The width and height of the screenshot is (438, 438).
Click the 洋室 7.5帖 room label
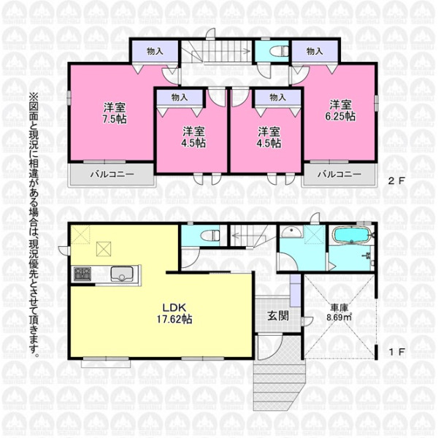click(x=115, y=113)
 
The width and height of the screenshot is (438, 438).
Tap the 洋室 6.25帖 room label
click(x=340, y=110)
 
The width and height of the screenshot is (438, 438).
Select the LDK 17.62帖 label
click(x=174, y=313)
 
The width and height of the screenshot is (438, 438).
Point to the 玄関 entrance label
click(x=278, y=315)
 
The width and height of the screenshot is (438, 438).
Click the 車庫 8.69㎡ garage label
click(x=339, y=312)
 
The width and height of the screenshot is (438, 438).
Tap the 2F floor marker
click(x=396, y=181)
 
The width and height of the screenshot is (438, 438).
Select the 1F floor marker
click(x=397, y=352)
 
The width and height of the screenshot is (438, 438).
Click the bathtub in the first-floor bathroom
click(x=353, y=236)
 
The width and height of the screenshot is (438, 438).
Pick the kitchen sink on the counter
click(x=122, y=274)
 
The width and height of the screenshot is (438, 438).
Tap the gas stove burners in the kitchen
click(x=82, y=274)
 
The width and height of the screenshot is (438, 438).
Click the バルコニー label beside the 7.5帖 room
click(x=112, y=175)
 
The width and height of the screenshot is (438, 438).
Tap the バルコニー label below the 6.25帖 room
click(x=339, y=174)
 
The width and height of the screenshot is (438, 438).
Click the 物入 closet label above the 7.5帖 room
click(x=155, y=51)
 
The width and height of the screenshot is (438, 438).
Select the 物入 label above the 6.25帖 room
click(x=315, y=51)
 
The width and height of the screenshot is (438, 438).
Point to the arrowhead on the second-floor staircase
click(x=247, y=51)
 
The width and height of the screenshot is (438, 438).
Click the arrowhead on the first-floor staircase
click(x=234, y=236)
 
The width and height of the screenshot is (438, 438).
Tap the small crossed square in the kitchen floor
click(x=104, y=249)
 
